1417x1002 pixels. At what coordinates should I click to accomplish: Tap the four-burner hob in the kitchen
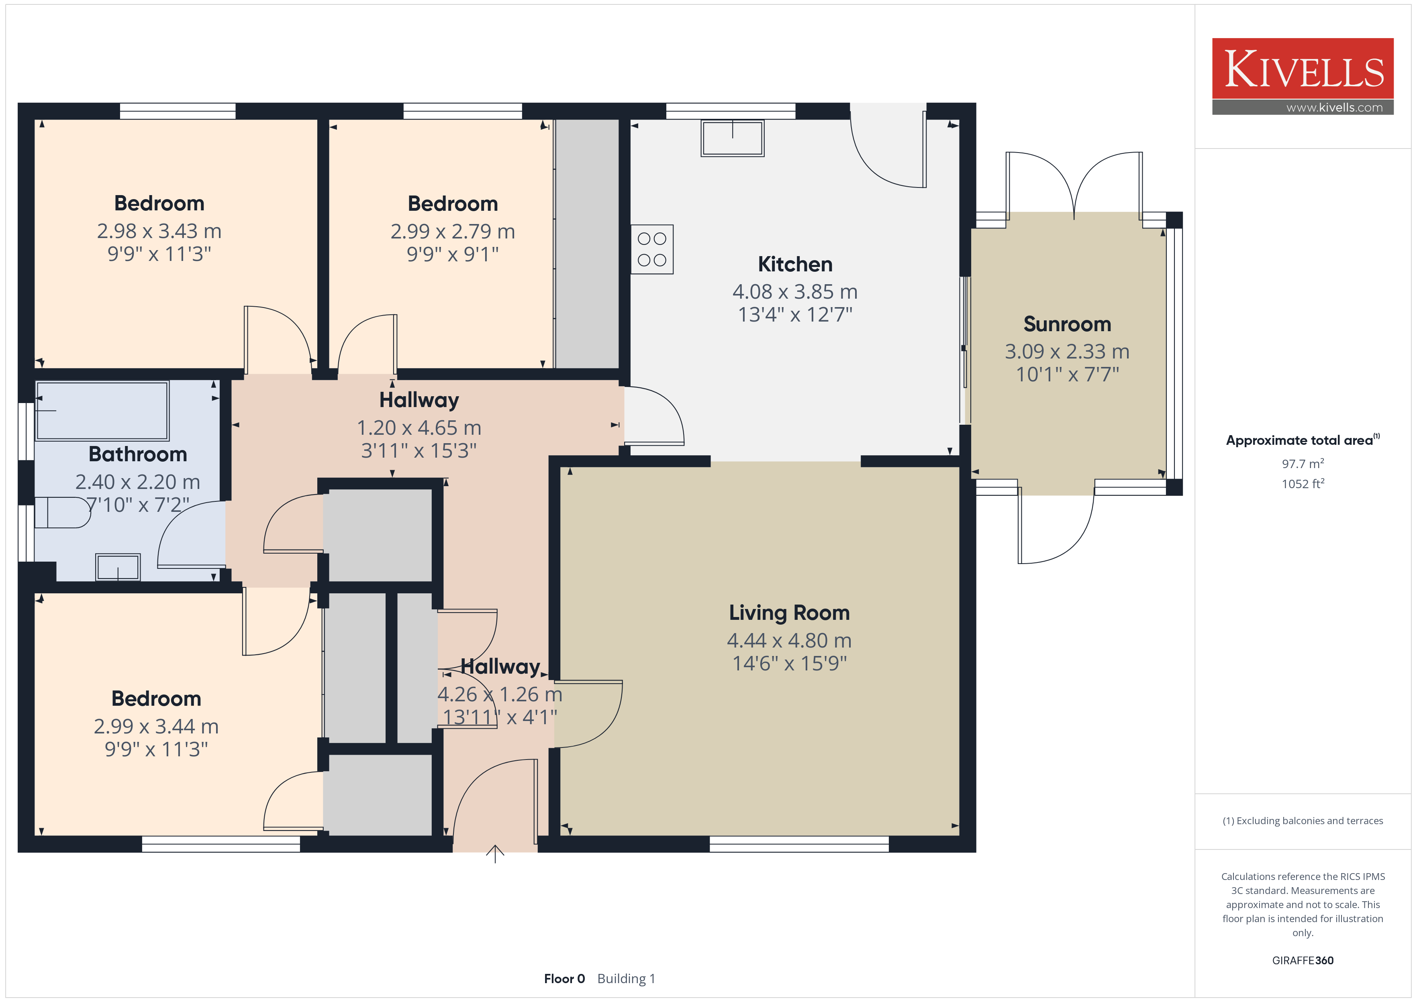point(652,249)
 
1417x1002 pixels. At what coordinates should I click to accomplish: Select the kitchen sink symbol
point(733,138)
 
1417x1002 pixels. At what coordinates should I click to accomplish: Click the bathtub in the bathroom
point(102,411)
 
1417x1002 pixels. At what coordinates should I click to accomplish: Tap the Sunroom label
point(1067,324)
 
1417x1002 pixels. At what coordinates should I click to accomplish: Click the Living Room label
point(789,613)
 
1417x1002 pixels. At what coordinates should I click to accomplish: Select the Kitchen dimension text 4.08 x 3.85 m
point(795,291)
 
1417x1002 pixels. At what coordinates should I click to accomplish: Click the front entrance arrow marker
point(495,854)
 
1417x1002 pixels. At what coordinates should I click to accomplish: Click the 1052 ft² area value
point(1303,484)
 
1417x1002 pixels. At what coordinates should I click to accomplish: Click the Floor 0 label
point(564,979)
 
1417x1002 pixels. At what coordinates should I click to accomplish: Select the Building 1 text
point(627,979)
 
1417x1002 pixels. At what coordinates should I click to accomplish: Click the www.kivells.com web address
point(1334,107)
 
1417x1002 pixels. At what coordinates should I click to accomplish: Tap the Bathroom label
point(138,454)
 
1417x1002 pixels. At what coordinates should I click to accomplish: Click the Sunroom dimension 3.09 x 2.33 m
point(1067,351)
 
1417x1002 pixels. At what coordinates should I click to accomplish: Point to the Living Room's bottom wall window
point(799,844)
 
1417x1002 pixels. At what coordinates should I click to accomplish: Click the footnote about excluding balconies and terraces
point(1303,821)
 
